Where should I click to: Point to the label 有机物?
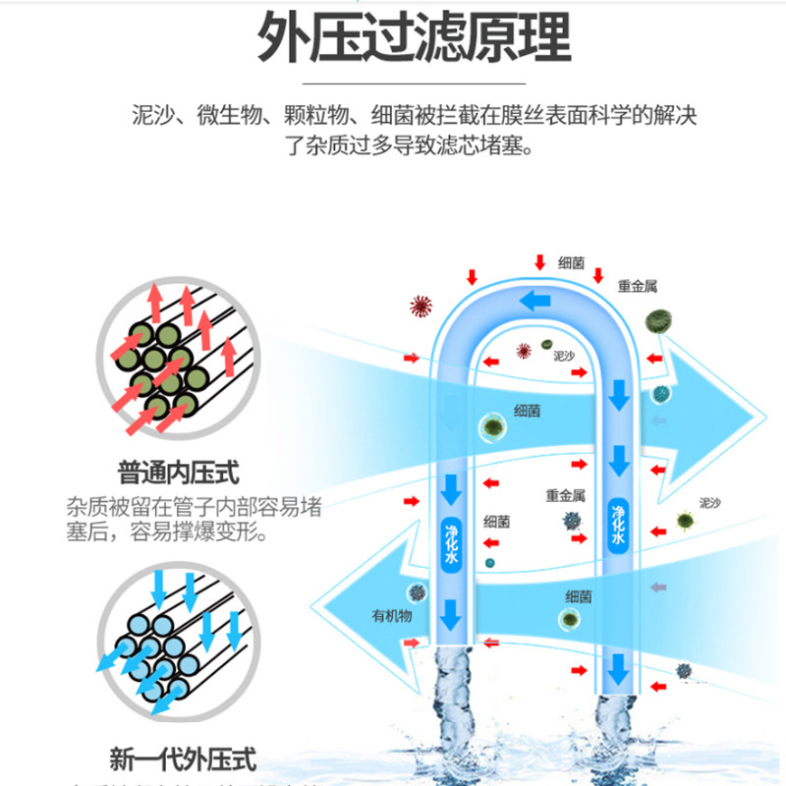click(x=391, y=616)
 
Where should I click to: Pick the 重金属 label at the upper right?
click(x=637, y=287)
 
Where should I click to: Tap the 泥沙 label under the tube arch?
click(x=562, y=355)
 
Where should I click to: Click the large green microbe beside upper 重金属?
click(x=660, y=320)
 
